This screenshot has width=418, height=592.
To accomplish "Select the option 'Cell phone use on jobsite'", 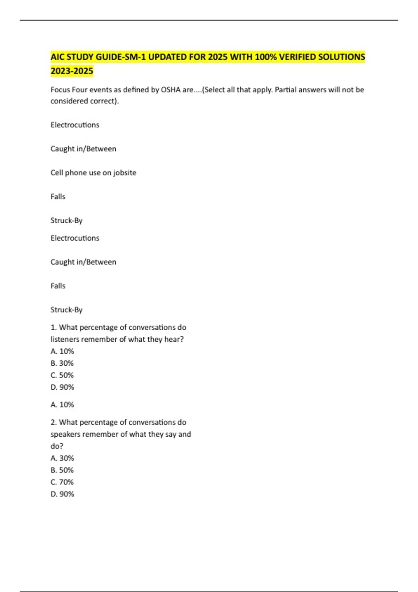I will pos(93,173).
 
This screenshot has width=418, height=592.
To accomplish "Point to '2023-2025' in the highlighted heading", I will pos(72,71).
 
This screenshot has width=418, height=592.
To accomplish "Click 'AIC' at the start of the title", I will pos(57,57).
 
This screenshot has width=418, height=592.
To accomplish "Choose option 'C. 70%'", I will pos(62,482).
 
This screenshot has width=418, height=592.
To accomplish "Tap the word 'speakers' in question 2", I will pos(65,434).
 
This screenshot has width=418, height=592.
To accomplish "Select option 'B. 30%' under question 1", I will pos(62,363).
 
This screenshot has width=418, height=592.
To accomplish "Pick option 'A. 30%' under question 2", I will pos(62,458).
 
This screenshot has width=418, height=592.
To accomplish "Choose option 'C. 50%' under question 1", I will pos(62,375).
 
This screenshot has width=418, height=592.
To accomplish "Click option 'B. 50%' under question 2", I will pos(62,470).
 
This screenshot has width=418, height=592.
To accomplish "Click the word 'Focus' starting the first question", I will pos(60,90).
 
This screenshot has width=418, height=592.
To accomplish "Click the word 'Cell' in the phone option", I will pos(56,173).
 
